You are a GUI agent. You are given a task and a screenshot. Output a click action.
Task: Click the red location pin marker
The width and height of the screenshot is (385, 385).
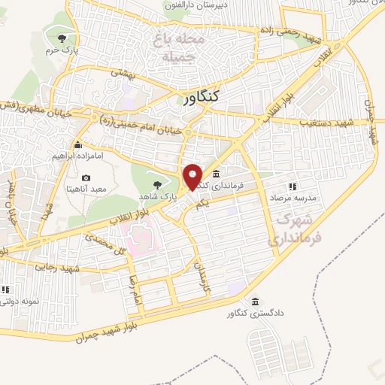coord(193,176)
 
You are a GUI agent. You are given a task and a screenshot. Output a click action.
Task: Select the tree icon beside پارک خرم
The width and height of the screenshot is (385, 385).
coord(61,38)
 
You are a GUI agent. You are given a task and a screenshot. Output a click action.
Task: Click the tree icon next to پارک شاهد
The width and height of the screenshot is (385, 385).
coord(156,184)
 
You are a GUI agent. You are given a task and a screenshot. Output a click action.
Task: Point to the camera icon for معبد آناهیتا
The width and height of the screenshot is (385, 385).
coord(86,178)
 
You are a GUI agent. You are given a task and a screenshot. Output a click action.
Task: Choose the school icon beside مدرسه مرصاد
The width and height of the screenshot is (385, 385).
coord(293,186)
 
